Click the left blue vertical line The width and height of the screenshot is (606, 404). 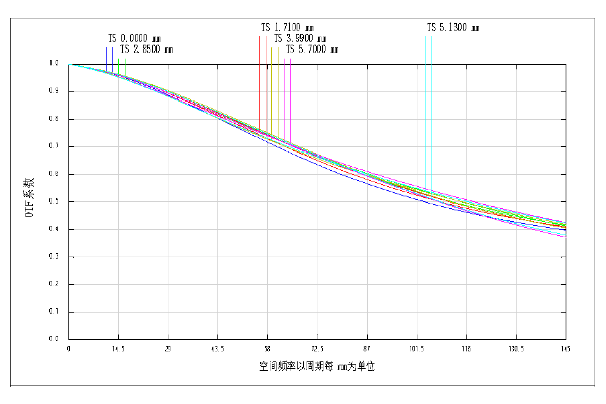pyautogui.click(x=106, y=58)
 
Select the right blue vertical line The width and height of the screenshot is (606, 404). pyautogui.click(x=112, y=58)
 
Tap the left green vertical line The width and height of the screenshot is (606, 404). pyautogui.click(x=118, y=66)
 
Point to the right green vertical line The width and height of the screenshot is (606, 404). pyautogui.click(x=125, y=66)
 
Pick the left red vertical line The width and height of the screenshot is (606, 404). pyautogui.click(x=259, y=81)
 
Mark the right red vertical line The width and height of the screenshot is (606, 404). pyautogui.click(x=266, y=81)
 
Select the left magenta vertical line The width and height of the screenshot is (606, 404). pyautogui.click(x=284, y=96)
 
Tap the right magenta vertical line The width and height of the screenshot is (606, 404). pyautogui.click(x=290, y=96)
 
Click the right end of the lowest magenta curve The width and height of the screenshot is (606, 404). pyautogui.click(x=566, y=237)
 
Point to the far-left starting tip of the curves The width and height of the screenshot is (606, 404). pyautogui.click(x=69, y=64)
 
